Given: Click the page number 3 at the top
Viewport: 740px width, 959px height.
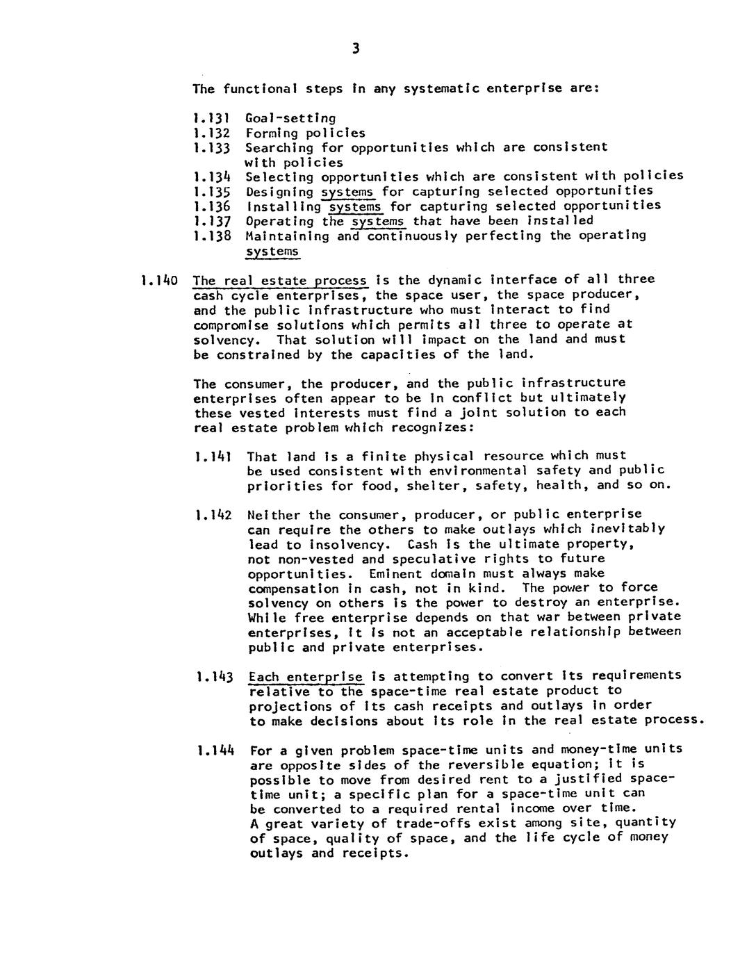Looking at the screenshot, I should [x=356, y=48].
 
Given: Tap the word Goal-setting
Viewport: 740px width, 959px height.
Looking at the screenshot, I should [x=290, y=118].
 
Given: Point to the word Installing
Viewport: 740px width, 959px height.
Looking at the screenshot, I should [x=283, y=206].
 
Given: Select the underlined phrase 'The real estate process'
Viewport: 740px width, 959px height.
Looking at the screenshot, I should [x=280, y=281].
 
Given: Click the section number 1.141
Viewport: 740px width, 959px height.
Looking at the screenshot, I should [x=213, y=457].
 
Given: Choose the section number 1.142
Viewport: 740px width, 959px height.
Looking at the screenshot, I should [x=213, y=516].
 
